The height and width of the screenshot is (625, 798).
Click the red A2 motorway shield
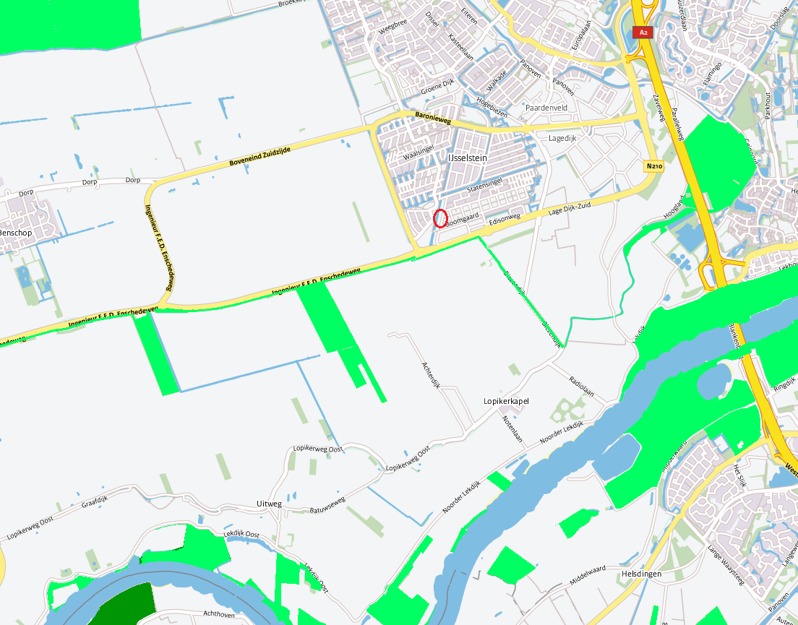pyautogui.click(x=641, y=33)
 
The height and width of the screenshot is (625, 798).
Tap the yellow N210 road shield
pyautogui.click(x=654, y=167)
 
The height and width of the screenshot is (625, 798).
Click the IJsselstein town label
pyautogui.click(x=468, y=158)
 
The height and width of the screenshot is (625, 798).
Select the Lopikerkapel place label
pyautogui.click(x=507, y=401)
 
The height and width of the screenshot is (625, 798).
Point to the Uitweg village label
pyautogui.click(x=269, y=504)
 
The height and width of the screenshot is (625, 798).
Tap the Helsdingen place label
pyautogui.click(x=641, y=574)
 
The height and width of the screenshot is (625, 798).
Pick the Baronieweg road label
pyautogui.click(x=432, y=116)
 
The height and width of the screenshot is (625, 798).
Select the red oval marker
pyautogui.click(x=440, y=217)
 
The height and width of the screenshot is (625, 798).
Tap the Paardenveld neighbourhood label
pyautogui.click(x=546, y=108)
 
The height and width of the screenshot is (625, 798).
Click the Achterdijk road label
pyautogui.click(x=431, y=374)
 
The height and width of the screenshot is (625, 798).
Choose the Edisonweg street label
pyautogui.click(x=504, y=219)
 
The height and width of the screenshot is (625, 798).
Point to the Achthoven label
pyautogui.click(x=220, y=613)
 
